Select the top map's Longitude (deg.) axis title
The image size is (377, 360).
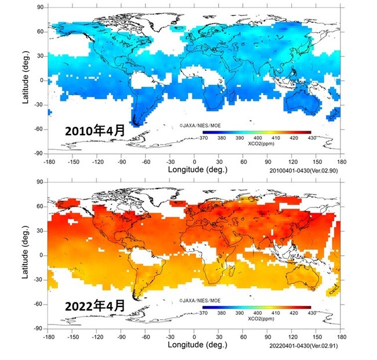tap(197, 170)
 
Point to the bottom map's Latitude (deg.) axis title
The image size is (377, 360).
tap(27, 255)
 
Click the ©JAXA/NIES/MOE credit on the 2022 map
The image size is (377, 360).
tap(201, 300)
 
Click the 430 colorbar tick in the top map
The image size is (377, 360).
tap(311, 138)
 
